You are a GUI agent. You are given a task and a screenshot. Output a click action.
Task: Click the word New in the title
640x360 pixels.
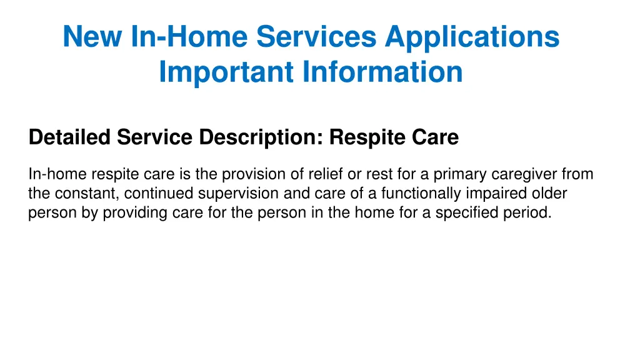(x=92, y=36)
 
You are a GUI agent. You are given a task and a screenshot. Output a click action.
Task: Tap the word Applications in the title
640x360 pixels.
(x=472, y=36)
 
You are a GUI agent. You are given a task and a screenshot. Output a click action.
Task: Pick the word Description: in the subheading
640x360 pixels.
(x=262, y=137)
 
